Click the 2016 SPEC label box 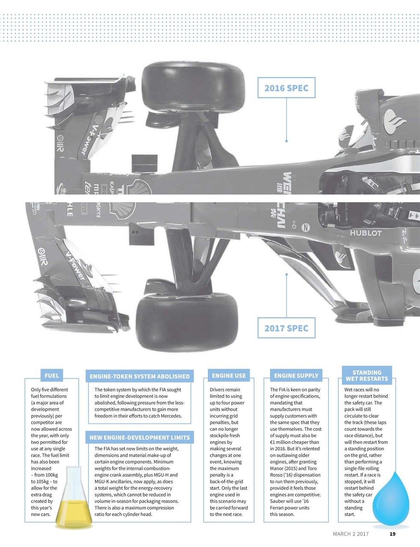(x=286, y=88)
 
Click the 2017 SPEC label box (x=286, y=328)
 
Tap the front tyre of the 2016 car (x=193, y=86)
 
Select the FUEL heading (x=52, y=376)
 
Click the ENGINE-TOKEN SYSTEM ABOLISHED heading (x=139, y=376)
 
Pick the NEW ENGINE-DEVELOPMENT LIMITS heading (x=139, y=437)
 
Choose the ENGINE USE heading (x=229, y=376)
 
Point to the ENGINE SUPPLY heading (x=296, y=376)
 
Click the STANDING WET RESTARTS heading (x=367, y=375)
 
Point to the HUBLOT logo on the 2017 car (x=366, y=233)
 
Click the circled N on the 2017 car (x=305, y=227)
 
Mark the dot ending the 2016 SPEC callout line (x=287, y=141)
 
